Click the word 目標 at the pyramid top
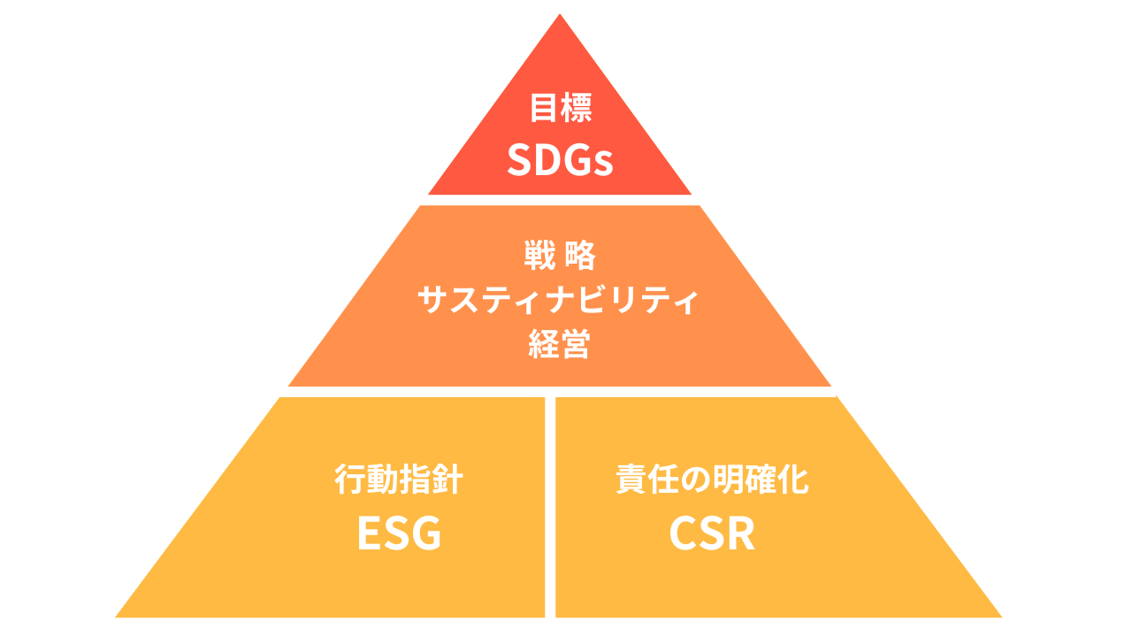[560, 108]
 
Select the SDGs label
[560, 160]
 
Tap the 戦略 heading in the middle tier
[560, 256]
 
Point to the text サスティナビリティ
[558, 301]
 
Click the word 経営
[560, 345]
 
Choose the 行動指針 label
[399, 480]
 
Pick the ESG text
[399, 533]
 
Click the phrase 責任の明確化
[712, 480]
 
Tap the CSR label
[712, 533]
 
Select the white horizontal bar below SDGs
[565, 200]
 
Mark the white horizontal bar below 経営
[555, 391]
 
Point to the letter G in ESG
[424, 533]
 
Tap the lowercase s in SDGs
[603, 164]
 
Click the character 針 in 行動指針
[447, 480]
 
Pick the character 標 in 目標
[576, 108]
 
